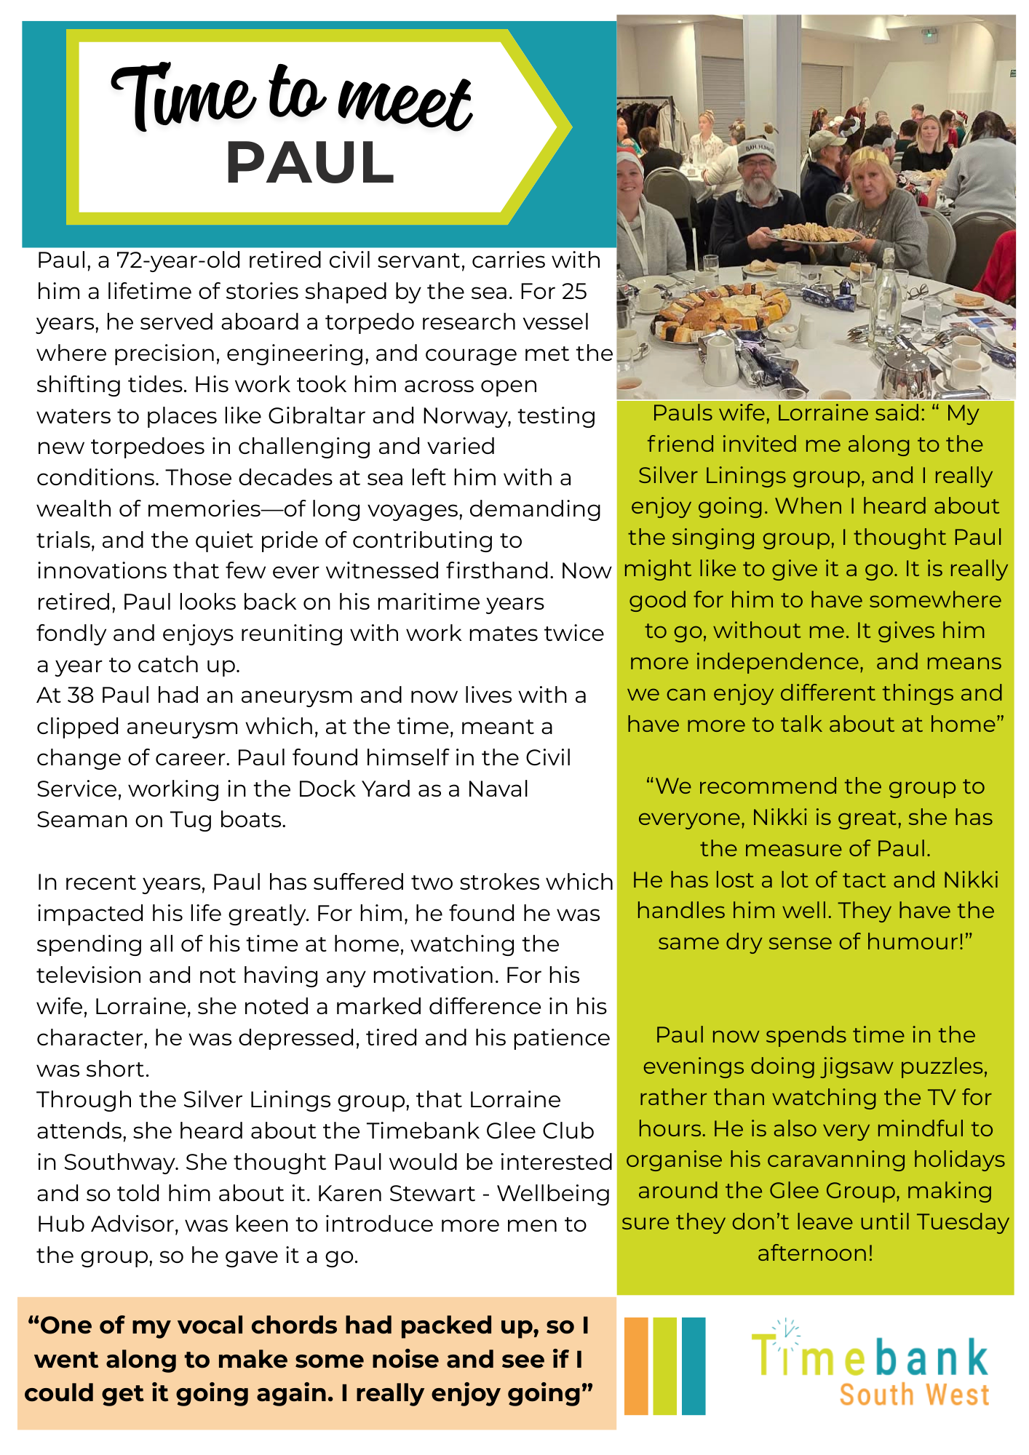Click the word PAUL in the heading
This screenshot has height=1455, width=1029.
click(310, 163)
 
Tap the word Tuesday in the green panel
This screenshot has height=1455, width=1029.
click(963, 1221)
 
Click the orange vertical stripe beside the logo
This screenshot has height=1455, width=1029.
click(635, 1366)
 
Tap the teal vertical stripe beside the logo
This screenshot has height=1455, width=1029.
click(694, 1366)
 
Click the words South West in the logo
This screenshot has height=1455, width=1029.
click(914, 1395)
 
